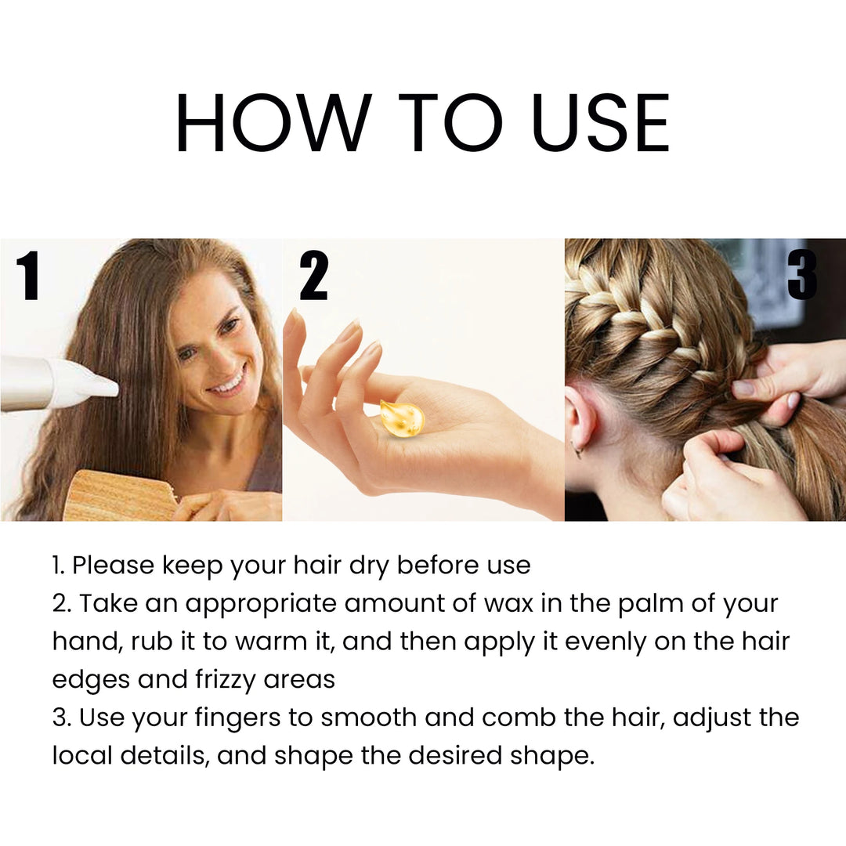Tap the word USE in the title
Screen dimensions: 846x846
[x=601, y=123]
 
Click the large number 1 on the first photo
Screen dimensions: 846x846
[x=28, y=277]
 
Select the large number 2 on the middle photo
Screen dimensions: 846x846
[x=313, y=277]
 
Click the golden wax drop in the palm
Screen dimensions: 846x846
[x=401, y=418]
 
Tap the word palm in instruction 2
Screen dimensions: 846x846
[x=645, y=604]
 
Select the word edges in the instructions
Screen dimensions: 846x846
[x=90, y=679]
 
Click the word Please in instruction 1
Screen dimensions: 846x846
[x=112, y=566]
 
